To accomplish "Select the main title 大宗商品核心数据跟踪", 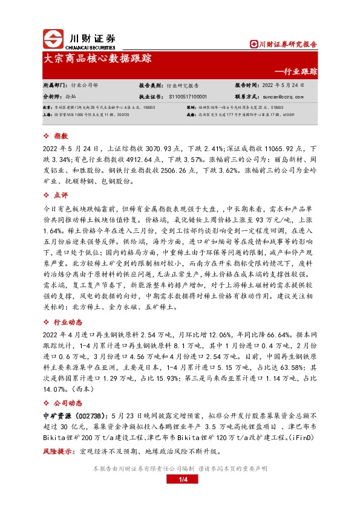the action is point(98,59).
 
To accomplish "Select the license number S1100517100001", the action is point(188,96).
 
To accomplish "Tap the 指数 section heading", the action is point(61,137).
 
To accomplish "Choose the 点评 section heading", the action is point(61,195).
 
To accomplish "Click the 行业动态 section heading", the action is point(67,320).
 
